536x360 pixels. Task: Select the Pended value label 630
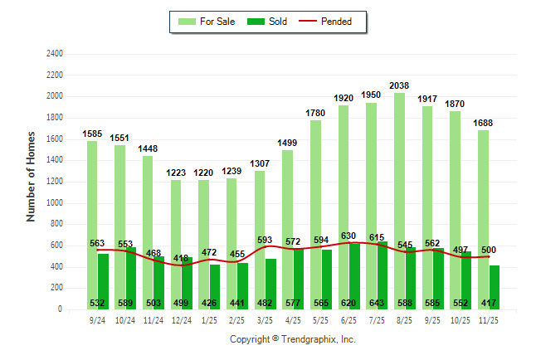[x=348, y=236]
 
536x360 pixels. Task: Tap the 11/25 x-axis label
[x=490, y=319]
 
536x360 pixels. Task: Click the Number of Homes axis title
[x=32, y=177]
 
